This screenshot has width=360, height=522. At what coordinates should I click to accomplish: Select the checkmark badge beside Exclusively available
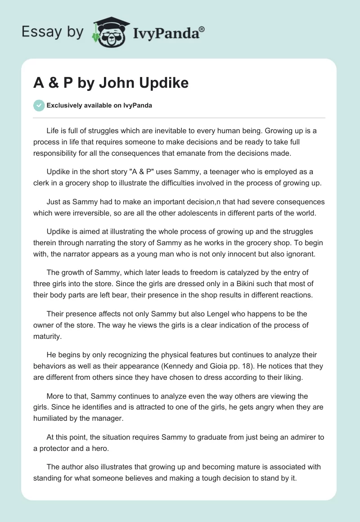point(39,105)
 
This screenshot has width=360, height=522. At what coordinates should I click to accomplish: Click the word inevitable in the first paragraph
point(182,131)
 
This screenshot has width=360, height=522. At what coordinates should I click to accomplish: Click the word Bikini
point(211,283)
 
